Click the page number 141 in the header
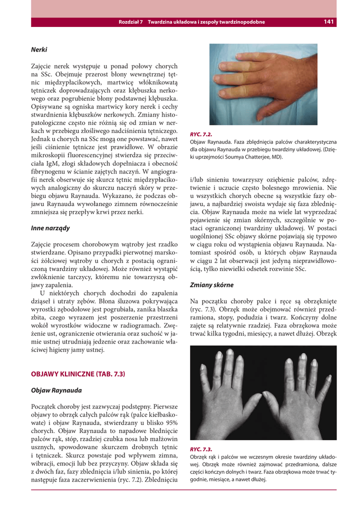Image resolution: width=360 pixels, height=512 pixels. [328, 21]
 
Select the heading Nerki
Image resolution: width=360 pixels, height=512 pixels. [39, 50]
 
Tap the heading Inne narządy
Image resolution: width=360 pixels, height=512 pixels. [50, 228]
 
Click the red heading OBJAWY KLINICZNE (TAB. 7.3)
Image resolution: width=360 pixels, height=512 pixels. [77, 373]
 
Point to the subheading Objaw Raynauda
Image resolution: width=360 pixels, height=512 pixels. [56, 390]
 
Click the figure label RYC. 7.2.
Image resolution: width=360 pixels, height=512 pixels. [201, 134]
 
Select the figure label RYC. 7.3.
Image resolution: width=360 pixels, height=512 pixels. [201, 449]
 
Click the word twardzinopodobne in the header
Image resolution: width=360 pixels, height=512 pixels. [240, 22]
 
